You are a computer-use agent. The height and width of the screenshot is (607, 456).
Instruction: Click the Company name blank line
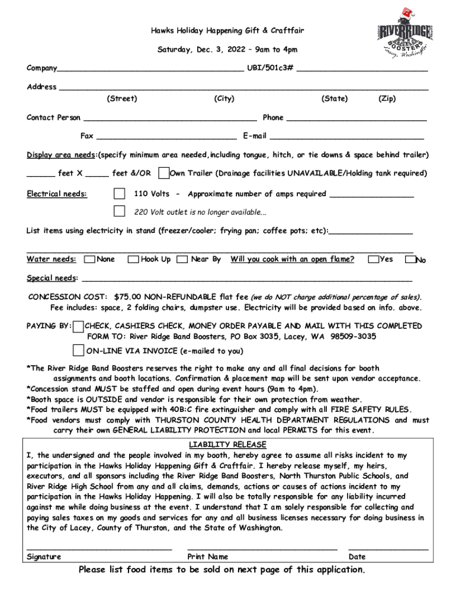coord(150,69)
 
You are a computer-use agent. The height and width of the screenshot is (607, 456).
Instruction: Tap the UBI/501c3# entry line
coord(362,69)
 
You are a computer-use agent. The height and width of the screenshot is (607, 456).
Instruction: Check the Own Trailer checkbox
coord(163,173)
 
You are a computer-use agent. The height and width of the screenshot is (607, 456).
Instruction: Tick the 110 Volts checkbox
coord(120,194)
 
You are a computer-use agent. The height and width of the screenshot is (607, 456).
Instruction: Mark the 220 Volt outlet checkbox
coord(120,212)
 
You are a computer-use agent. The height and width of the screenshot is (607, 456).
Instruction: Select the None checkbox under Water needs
coord(89,260)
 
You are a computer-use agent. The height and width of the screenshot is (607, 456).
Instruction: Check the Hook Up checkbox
coord(134,260)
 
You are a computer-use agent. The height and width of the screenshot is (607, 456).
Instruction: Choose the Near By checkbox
coord(182,260)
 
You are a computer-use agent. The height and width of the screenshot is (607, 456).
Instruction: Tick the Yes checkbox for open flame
coord(373,260)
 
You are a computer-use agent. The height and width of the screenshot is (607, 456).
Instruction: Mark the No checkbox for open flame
coord(410,260)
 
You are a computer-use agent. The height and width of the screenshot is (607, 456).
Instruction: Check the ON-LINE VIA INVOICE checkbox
coord(78,350)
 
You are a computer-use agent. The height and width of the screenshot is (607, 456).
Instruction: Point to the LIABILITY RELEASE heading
coord(227,445)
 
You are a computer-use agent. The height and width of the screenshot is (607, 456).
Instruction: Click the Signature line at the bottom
coord(99,548)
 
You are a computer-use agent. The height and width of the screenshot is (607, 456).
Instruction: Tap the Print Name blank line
coord(262,548)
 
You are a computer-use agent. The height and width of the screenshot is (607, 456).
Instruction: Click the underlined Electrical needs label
coord(57,194)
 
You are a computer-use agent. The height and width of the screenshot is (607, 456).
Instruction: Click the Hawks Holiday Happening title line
coord(227,30)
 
